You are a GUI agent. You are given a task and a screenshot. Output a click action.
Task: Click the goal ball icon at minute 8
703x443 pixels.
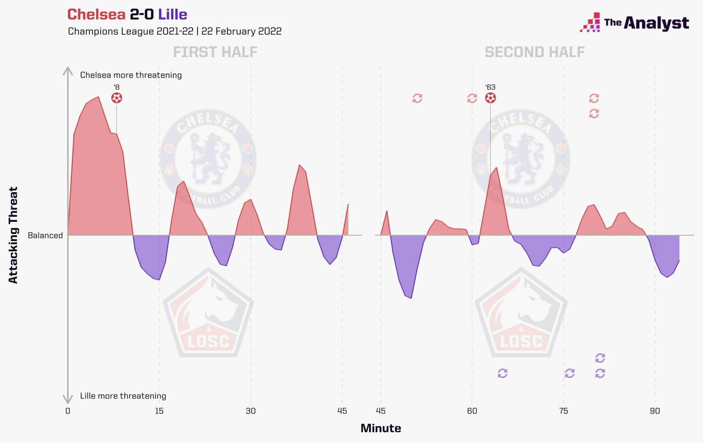(117, 98)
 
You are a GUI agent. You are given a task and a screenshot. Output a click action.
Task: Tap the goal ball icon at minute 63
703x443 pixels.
(490, 98)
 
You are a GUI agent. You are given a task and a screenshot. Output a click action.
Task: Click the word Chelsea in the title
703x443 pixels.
(96, 14)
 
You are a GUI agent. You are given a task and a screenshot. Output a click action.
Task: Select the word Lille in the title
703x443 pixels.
(172, 14)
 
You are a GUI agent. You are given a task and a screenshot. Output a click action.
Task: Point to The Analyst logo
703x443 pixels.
(635, 23)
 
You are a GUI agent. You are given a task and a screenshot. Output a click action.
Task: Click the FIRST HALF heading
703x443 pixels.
(215, 52)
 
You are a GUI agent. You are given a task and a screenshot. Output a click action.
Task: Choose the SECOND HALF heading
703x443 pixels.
(534, 52)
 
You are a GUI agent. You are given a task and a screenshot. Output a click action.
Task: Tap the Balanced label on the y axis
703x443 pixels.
(45, 235)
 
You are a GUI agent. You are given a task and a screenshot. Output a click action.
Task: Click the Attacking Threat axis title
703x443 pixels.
(13, 235)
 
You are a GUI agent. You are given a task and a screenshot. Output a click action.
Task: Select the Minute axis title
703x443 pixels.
(380, 428)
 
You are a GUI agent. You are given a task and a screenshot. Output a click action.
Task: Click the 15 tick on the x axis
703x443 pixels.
(159, 411)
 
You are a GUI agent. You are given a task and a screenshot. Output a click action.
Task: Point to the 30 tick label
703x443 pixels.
(250, 411)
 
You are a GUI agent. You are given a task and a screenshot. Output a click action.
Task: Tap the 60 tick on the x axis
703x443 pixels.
(472, 411)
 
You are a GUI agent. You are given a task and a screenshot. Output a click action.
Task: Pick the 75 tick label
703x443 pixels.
(563, 411)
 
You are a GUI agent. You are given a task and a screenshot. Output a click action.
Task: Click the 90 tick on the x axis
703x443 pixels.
(655, 411)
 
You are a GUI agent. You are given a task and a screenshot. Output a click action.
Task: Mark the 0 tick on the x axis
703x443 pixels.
(68, 411)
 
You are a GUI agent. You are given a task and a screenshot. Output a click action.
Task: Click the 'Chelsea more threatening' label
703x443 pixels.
(131, 75)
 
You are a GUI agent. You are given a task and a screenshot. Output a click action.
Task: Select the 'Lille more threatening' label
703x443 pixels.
(123, 396)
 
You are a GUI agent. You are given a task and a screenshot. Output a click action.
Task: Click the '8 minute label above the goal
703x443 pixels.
(117, 87)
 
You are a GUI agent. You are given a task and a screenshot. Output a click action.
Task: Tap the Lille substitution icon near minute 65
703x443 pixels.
(502, 373)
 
